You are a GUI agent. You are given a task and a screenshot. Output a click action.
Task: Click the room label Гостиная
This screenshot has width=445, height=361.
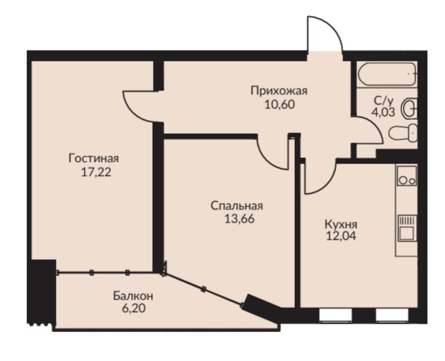pos(94,158)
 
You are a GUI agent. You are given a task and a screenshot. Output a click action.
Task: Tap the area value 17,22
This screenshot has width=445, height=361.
pos(96,172)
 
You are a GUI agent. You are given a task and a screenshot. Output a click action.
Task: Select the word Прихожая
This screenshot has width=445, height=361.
pos(279,91)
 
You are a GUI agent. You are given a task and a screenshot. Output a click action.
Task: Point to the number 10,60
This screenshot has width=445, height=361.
pos(280,105)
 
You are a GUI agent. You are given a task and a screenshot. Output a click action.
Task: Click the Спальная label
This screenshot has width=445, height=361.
pos(237,206)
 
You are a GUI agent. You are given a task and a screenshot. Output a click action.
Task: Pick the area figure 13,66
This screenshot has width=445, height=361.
pos(239,219)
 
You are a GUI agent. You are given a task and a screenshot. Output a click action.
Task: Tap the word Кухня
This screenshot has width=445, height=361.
pos(341,225)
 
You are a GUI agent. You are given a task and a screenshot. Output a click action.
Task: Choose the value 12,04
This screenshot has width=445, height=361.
pos(341,236)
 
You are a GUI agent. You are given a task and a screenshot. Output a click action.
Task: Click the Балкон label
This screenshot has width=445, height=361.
pos(133,296)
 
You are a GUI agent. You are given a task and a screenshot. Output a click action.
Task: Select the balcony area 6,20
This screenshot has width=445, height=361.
pos(134,308)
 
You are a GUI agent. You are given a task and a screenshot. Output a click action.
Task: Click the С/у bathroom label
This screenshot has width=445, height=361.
pos(384,101)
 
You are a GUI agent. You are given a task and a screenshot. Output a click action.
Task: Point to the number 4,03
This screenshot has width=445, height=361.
pos(384,112)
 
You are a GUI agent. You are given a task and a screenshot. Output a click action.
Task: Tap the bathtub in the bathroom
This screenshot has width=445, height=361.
pos(387,74)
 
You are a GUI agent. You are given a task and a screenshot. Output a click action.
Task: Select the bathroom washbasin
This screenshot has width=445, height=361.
pos(409,108)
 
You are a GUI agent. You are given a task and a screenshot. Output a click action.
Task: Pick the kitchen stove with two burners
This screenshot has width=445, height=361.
pos(407,176)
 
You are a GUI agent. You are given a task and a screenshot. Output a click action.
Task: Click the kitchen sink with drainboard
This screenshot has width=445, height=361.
pos(407,228)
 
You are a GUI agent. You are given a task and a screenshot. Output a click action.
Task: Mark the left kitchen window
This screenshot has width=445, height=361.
pos(336,315)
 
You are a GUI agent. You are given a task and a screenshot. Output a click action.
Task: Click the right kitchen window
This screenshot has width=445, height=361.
pos(392,315)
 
